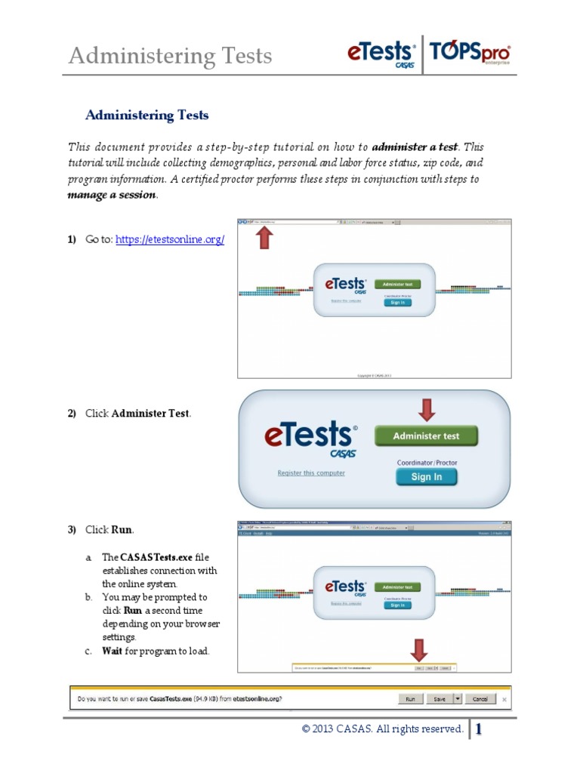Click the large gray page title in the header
(x=170, y=56)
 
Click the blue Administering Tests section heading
(x=147, y=115)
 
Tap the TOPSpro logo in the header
(x=470, y=54)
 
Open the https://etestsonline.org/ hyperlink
(x=170, y=239)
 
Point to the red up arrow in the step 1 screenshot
(x=265, y=239)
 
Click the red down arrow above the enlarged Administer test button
(x=427, y=410)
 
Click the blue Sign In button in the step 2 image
(x=427, y=477)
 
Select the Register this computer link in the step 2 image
(x=311, y=473)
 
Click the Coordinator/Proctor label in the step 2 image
(x=427, y=462)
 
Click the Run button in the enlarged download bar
(x=409, y=699)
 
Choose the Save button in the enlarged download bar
(x=438, y=699)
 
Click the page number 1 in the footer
(x=479, y=729)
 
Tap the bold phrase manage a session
(x=113, y=195)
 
